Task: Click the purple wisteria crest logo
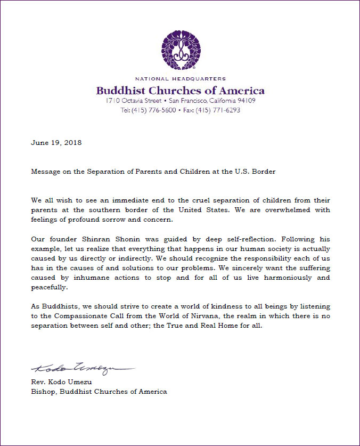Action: (180, 51)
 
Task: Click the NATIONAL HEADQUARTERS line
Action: (180, 79)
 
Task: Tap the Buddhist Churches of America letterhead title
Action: (180, 90)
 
